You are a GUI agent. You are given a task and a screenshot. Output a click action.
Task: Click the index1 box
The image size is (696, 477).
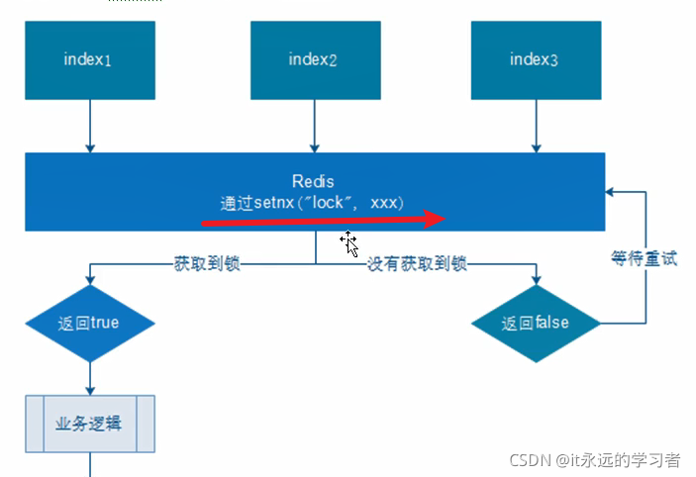(x=90, y=59)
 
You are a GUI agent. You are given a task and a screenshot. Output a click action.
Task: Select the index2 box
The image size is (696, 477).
(x=314, y=59)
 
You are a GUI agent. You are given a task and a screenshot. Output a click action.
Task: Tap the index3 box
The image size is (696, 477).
(x=536, y=59)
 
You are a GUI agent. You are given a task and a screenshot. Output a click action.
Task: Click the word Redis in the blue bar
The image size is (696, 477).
(x=313, y=181)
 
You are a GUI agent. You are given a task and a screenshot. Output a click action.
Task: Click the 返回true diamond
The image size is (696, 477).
(x=90, y=323)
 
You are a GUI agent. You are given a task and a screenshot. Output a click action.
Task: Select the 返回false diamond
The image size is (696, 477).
(x=536, y=323)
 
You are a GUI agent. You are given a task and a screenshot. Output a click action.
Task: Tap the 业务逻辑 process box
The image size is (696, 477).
(x=90, y=423)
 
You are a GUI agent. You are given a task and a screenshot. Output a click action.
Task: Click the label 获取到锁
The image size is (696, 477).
(x=207, y=264)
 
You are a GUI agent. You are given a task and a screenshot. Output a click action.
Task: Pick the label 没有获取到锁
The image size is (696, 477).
(x=417, y=264)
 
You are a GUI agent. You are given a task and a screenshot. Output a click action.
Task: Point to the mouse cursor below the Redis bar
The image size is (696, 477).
(x=348, y=242)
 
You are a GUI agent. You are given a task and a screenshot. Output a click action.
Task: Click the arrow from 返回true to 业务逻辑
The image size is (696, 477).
(x=90, y=377)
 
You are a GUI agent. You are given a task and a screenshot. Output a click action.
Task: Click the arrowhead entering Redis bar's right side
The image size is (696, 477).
(x=612, y=191)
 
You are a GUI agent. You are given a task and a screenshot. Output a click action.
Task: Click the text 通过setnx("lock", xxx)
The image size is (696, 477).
(x=312, y=201)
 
